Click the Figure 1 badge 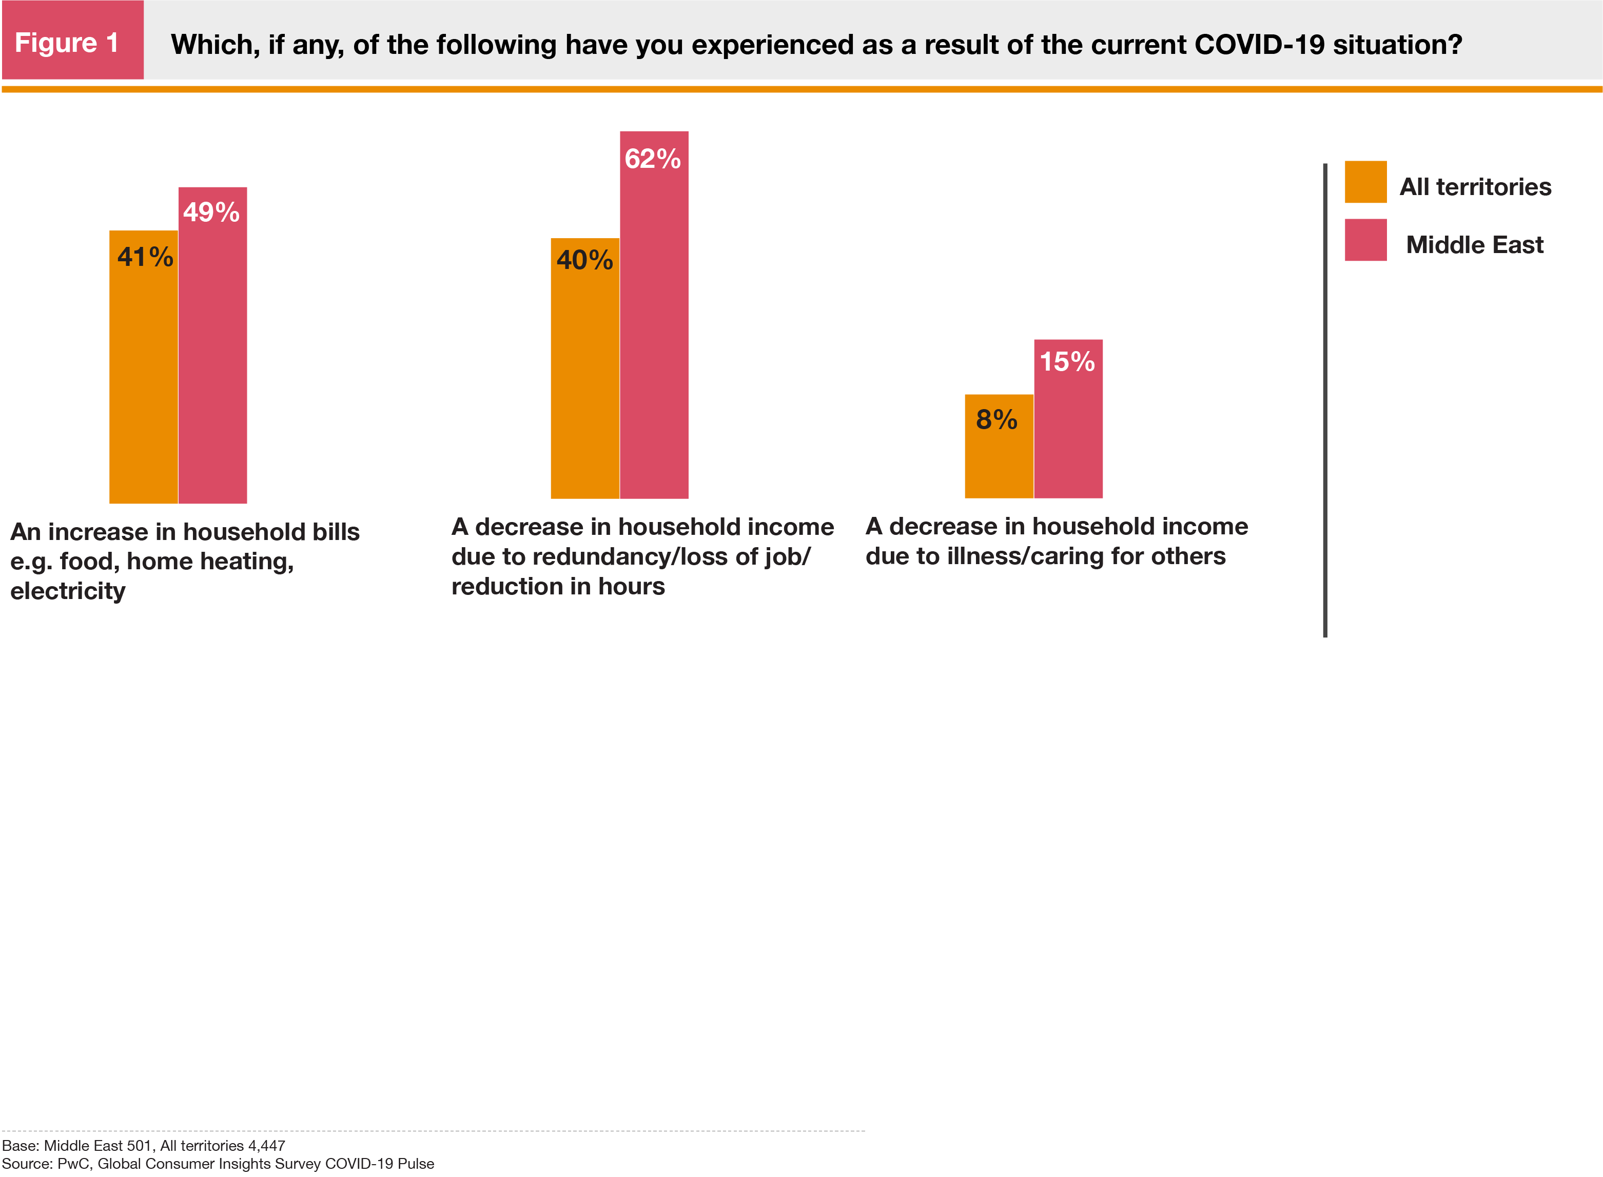click(71, 42)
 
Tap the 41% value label click(145, 257)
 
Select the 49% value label click(211, 211)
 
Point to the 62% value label click(652, 158)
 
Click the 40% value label click(584, 260)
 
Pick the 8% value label click(996, 420)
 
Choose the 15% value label click(1067, 361)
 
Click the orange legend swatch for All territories click(1364, 182)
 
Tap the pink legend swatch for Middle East click(1364, 240)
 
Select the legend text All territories click(1475, 187)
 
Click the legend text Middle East click(1474, 245)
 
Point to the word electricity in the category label click(68, 591)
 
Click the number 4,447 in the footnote click(266, 1146)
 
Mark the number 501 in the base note click(139, 1146)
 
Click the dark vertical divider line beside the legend click(1324, 399)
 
